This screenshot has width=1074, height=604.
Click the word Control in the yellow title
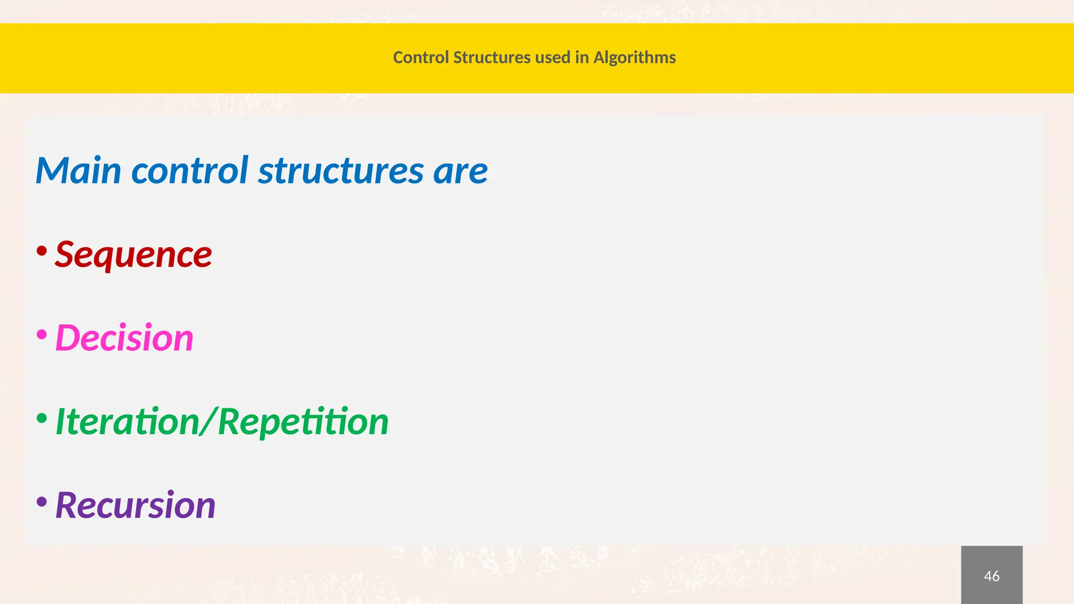pos(421,57)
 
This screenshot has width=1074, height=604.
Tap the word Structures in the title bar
pos(491,57)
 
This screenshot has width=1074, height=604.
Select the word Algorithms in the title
pos(634,57)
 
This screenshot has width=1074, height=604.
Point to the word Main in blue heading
pos(78,170)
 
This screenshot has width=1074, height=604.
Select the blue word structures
pos(341,170)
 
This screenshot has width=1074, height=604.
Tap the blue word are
pos(460,171)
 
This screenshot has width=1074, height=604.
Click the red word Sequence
pos(133,254)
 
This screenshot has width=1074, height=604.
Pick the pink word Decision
pos(124,337)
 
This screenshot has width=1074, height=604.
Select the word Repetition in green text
pos(303,422)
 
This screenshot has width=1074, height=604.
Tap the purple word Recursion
pos(135,505)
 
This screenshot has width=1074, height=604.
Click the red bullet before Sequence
pos(42,251)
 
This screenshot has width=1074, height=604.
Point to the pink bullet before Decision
pos(42,334)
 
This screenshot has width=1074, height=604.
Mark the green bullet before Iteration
pos(42,418)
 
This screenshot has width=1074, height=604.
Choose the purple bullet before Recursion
pos(42,502)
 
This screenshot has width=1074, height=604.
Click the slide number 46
pos(991,576)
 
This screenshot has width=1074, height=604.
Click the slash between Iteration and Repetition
pos(209,422)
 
